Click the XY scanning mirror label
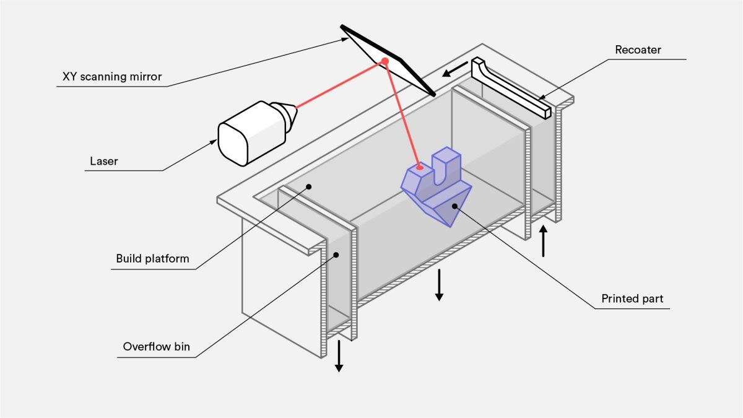pos(111,77)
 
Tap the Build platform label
pos(152,258)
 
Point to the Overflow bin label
pos(156,347)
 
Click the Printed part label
pos(632,298)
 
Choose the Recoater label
pos(638,50)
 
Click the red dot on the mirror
pos(385,61)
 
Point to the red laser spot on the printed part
pos(419,167)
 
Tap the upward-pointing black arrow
pos(544,241)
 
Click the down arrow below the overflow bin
pos(339,358)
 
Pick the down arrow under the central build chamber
pos(439,285)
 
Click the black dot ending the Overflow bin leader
pos(337,253)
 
